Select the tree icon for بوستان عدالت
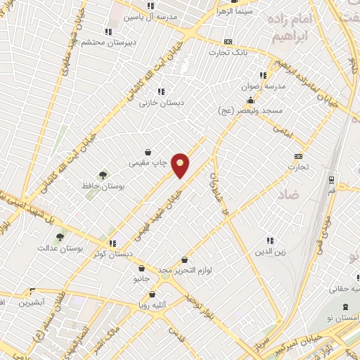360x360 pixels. (60, 238)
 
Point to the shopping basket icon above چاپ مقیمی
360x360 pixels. (148, 152)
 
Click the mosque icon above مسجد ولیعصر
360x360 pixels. (249, 100)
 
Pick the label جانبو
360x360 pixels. (143, 279)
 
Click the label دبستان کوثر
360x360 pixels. (112, 254)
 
